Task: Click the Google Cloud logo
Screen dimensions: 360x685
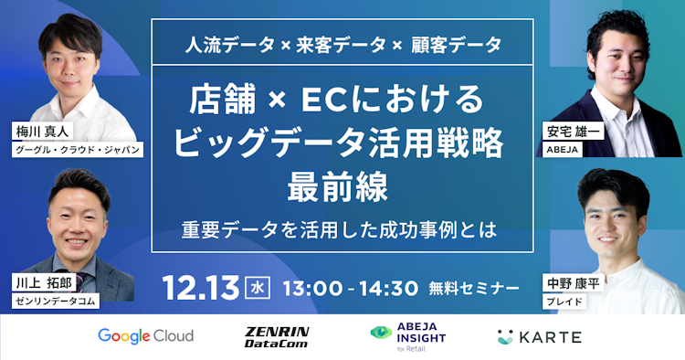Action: pyautogui.click(x=146, y=336)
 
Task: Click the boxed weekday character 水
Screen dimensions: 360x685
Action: pyautogui.click(x=258, y=286)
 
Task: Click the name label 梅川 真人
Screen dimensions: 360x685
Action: pyautogui.click(x=38, y=130)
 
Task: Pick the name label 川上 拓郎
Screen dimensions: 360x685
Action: pyautogui.click(x=38, y=281)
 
